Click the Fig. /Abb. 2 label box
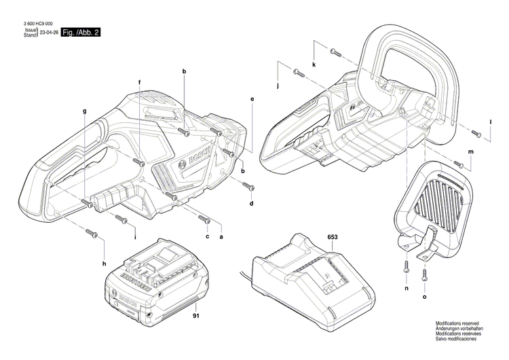80,33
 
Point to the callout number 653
333,238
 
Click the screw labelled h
93,233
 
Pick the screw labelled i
122,218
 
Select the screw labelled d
247,187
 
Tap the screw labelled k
333,52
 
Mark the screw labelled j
297,72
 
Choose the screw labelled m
459,164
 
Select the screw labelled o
425,273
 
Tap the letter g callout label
85,111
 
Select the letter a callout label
221,236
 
